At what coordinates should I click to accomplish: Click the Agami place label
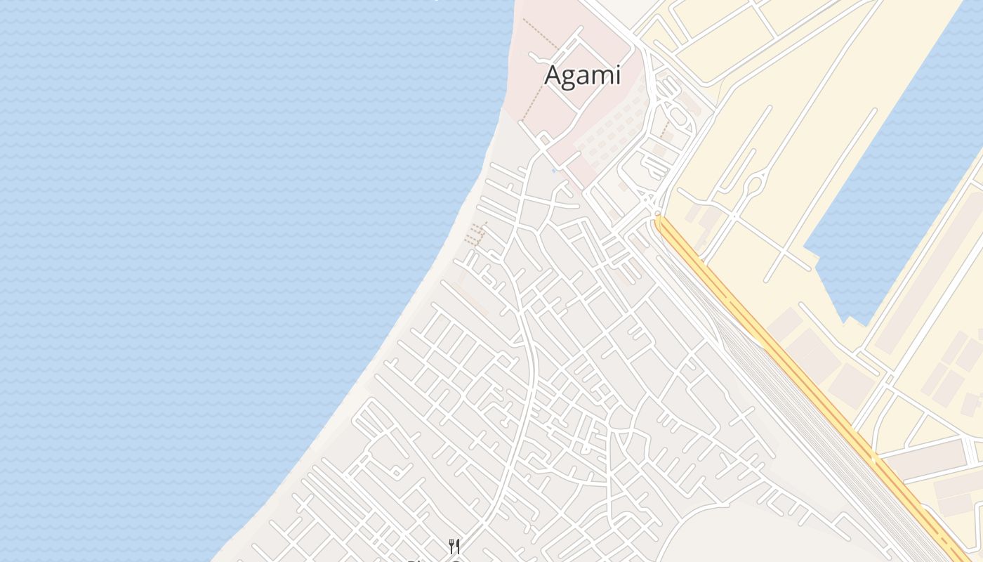click(x=583, y=75)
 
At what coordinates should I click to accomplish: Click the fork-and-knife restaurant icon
click(x=454, y=546)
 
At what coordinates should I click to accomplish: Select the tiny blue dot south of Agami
click(x=554, y=170)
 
